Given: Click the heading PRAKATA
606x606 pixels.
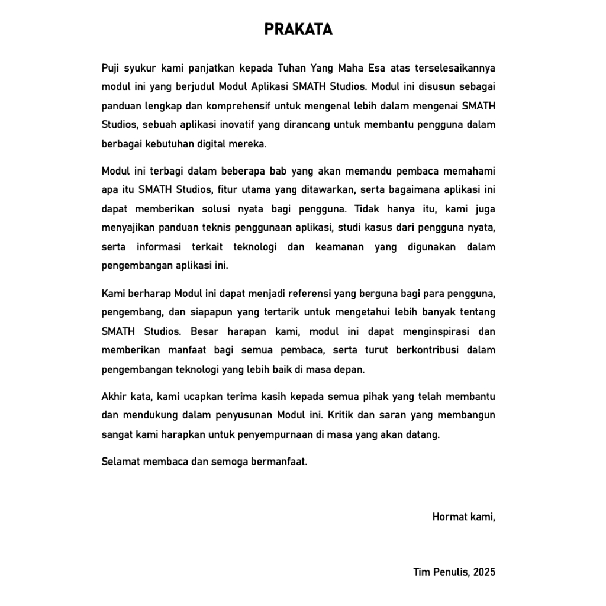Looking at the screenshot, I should pos(298,30).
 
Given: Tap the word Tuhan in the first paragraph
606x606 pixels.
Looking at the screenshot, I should pos(291,67).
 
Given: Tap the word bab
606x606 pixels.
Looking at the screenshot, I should pos(278,171).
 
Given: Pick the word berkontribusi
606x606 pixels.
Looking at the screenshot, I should pos(417,350).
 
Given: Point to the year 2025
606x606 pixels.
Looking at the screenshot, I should pos(484,572).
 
